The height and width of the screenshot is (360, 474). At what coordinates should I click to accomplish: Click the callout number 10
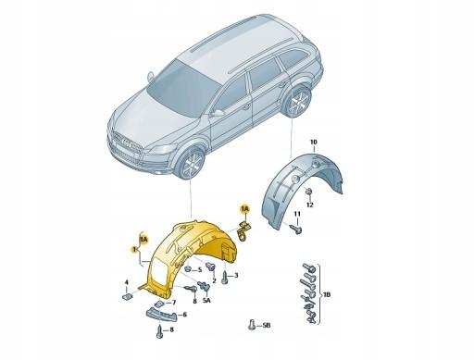coord(313,141)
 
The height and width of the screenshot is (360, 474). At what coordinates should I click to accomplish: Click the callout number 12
coord(311,205)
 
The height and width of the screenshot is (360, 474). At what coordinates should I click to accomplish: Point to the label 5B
coord(266,327)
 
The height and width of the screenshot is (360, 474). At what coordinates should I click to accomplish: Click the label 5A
coord(207,301)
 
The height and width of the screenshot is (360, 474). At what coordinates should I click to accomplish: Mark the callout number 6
coord(184,315)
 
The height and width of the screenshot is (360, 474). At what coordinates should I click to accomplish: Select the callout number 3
coord(236,275)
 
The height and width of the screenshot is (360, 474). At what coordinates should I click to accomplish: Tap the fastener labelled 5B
coord(251,326)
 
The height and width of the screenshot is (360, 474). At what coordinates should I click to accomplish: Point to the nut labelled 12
coord(310,191)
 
